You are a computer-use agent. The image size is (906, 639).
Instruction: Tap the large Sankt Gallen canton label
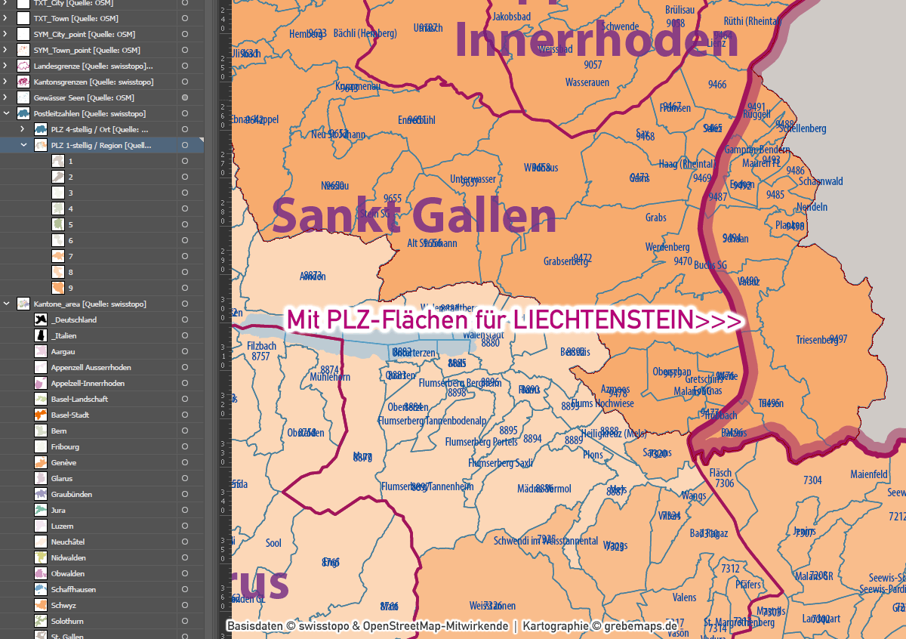[x=414, y=216]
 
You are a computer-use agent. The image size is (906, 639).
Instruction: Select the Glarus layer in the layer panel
[x=62, y=478]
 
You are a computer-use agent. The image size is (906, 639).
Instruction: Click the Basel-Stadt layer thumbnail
[x=41, y=415]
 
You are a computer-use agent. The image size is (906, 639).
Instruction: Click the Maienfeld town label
[x=869, y=475]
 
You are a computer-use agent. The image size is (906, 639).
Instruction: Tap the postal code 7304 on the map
[x=812, y=480]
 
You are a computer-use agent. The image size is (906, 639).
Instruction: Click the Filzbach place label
[x=261, y=346]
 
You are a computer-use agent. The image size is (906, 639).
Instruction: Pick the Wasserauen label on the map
[x=587, y=82]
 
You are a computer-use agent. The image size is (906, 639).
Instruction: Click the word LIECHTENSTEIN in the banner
[x=603, y=320]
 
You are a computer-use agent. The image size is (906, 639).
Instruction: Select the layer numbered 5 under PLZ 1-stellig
[x=70, y=224]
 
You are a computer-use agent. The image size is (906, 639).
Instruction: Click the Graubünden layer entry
[x=71, y=494]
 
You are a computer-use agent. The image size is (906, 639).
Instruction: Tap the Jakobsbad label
[x=511, y=16]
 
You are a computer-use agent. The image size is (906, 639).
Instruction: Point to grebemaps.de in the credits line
[x=641, y=626]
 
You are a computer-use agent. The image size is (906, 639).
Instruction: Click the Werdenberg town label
[x=667, y=247]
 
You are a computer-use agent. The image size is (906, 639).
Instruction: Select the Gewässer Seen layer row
[x=83, y=97]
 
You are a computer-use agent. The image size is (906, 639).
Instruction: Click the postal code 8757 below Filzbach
[x=261, y=356]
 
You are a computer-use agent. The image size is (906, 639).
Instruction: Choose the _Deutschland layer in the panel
[x=74, y=319]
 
